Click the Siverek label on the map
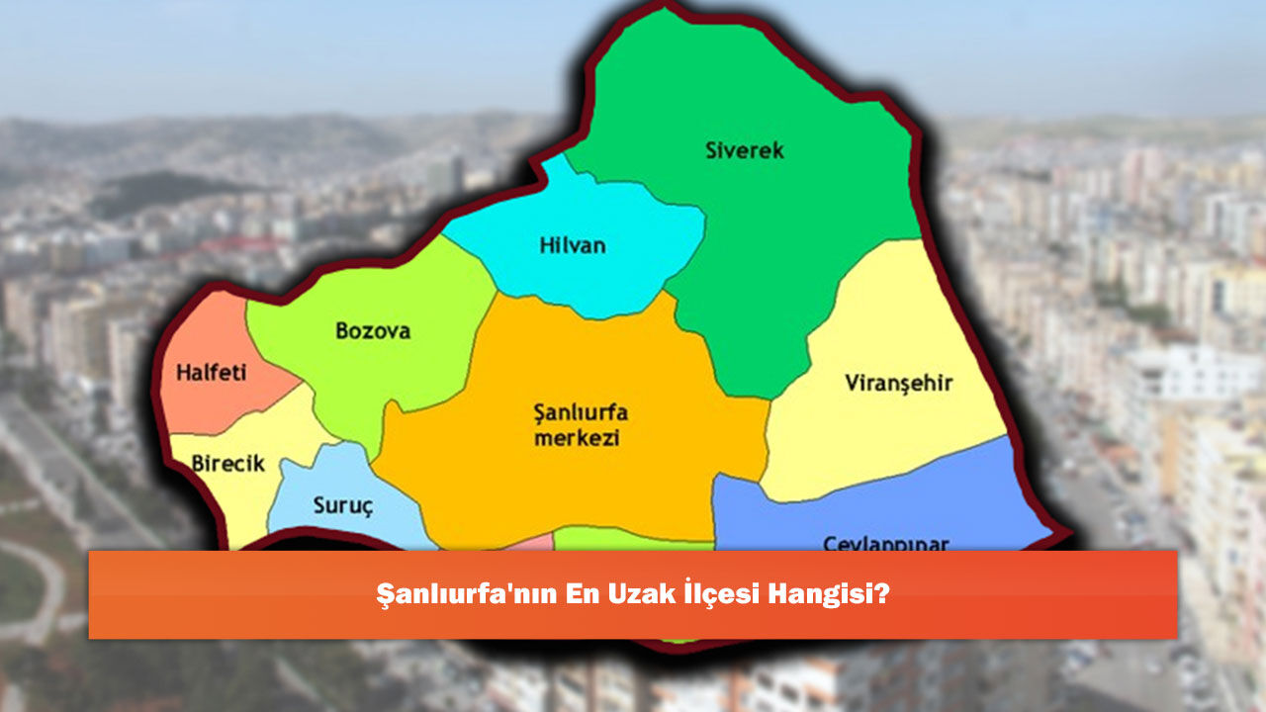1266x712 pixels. point(745,151)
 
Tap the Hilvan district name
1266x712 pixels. point(573,246)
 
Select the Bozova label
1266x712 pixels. point(373,331)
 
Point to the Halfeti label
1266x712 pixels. point(212,374)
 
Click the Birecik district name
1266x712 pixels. point(228,463)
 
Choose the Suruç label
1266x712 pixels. point(343,507)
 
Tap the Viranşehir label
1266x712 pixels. point(899,384)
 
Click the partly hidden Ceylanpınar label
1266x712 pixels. point(886,543)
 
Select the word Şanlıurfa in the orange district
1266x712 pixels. point(581,412)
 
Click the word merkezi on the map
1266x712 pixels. point(577,438)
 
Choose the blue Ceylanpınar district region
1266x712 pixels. point(890,509)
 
